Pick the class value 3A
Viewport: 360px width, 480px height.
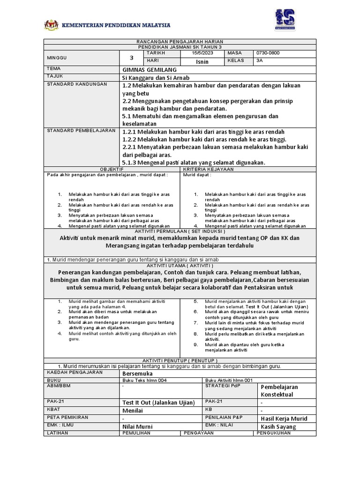[x=260, y=61]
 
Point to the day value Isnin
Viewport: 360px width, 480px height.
[x=202, y=61]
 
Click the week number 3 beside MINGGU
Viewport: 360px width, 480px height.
[x=132, y=58]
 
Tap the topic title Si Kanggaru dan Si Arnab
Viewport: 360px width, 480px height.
[x=155, y=77]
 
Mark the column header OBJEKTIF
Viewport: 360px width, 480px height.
[x=112, y=168]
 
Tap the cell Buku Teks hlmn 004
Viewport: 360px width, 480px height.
[x=144, y=380]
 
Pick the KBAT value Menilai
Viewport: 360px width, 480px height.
[x=133, y=410]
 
